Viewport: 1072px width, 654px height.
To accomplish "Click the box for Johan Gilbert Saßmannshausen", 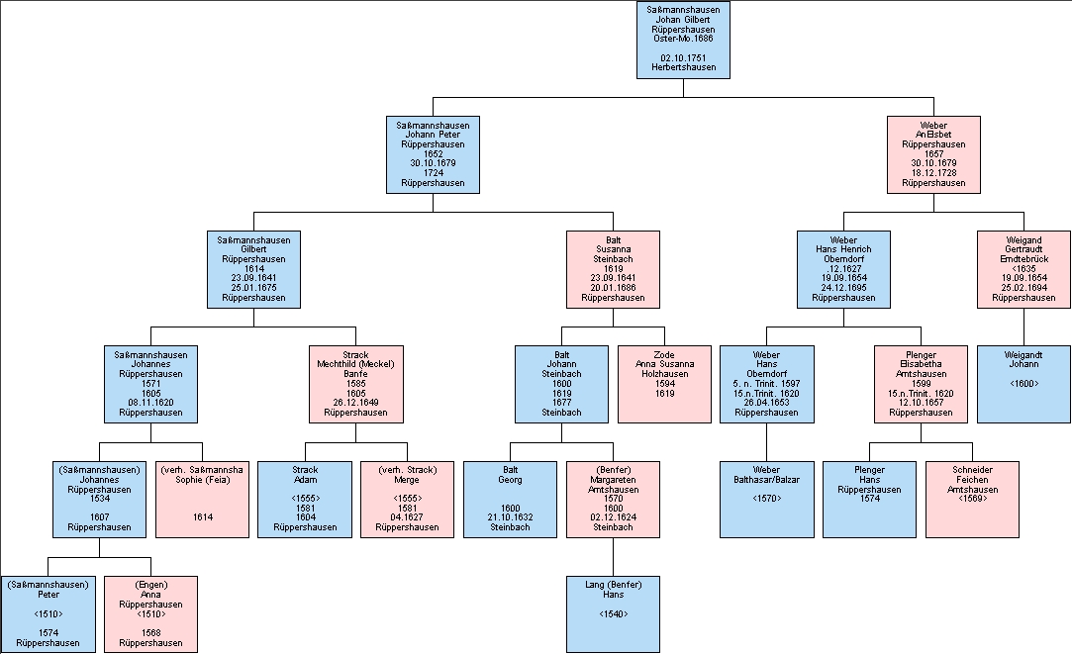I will click(683, 40).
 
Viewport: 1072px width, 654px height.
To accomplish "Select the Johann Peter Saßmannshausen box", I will click(433, 154).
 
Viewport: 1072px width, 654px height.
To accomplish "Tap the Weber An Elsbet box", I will click(933, 154).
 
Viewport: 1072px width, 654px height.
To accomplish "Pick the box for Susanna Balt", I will click(613, 269).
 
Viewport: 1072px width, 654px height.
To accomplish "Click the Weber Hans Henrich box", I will click(844, 269).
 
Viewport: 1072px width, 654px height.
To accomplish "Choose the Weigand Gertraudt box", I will click(1023, 269).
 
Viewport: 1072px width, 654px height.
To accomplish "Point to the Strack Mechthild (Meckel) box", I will click(355, 384).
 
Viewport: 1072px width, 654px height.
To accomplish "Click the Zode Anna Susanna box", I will click(664, 384).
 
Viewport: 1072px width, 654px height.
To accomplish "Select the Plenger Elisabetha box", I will click(921, 384).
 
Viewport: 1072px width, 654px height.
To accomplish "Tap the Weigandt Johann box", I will click(1023, 384).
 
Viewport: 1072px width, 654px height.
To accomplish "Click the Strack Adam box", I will click(305, 499).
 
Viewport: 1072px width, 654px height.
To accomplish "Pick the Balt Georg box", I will click(510, 499).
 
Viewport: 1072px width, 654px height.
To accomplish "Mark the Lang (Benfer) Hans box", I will click(613, 613).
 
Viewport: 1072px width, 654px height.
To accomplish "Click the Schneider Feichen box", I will click(972, 499).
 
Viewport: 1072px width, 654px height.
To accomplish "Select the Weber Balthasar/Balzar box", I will click(767, 499).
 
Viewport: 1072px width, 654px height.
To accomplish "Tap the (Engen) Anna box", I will click(150, 613).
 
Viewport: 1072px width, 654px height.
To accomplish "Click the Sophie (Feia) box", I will click(202, 499).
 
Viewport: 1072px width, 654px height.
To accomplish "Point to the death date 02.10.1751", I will click(683, 57).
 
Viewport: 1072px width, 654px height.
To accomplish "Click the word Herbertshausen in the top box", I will click(683, 67).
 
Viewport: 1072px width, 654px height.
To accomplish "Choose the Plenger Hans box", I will click(870, 499).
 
